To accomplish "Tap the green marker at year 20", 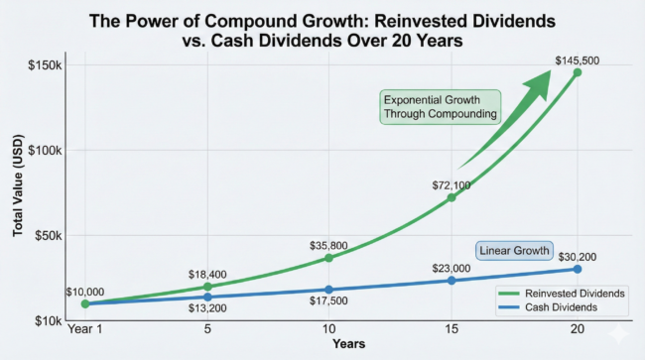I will tap(577, 72).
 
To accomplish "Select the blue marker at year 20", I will tap(577, 269).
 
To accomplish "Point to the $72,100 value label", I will tap(451, 184).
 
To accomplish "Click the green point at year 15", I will tap(451, 197).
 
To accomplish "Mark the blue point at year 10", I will tap(329, 290).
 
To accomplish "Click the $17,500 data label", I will tap(329, 302).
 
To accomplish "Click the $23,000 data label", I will tap(452, 267).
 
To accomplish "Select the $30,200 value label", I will tap(579, 255).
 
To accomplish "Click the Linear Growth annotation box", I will tap(514, 251).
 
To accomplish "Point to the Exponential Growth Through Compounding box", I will tap(442, 106).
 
